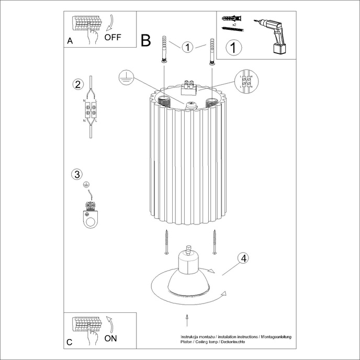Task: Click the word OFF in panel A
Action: point(113,37)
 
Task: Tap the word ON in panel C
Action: point(110,338)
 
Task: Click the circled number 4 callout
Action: point(242,258)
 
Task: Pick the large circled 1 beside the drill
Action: point(234,48)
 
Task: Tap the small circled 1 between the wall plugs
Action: point(188,48)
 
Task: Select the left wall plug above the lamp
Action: point(164,50)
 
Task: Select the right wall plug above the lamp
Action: point(212,51)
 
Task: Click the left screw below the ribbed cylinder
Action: point(166,242)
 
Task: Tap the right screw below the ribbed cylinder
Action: point(215,242)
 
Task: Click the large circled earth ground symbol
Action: point(125,77)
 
